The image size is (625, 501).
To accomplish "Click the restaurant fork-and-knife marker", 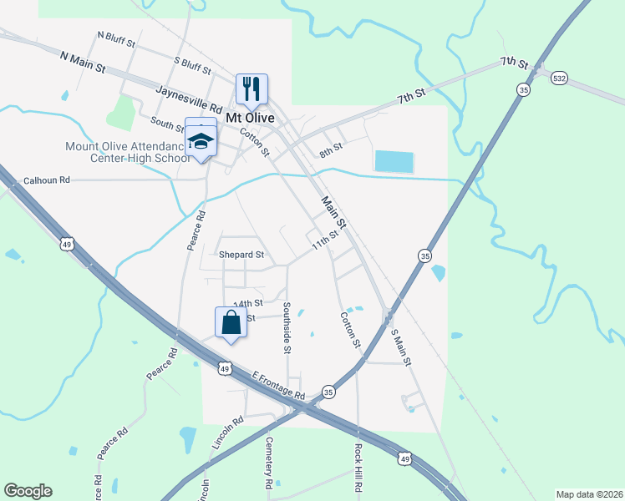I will (x=252, y=88).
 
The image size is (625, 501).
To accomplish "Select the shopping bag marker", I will (x=231, y=322).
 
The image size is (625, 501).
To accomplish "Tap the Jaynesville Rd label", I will (x=189, y=98).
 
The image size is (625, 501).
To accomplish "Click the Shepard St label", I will (x=241, y=255).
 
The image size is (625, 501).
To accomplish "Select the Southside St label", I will (x=286, y=327).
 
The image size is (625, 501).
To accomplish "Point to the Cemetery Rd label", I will (x=268, y=463).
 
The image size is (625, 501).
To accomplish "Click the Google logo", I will (x=28, y=491).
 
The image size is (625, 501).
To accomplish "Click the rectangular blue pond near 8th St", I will (x=394, y=161).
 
